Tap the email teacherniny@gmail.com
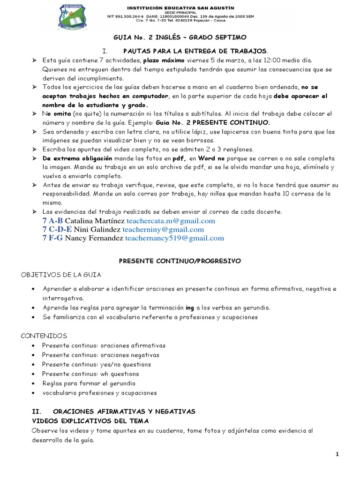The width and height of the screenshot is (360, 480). coord(163,229)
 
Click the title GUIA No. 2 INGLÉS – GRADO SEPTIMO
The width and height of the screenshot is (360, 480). coord(180,37)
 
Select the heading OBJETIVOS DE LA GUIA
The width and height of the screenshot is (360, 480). coord(60,274)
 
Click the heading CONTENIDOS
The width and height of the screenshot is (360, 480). coord(45,336)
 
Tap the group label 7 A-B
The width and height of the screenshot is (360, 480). coord(52,221)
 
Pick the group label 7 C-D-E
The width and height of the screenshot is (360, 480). coord(57,229)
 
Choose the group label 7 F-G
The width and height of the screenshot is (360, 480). coord(52,238)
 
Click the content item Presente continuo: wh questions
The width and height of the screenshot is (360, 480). coord(90,374)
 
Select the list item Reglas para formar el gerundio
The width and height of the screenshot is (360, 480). coord(89,383)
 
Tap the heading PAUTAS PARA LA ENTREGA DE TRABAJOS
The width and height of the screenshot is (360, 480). coord(196,50)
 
